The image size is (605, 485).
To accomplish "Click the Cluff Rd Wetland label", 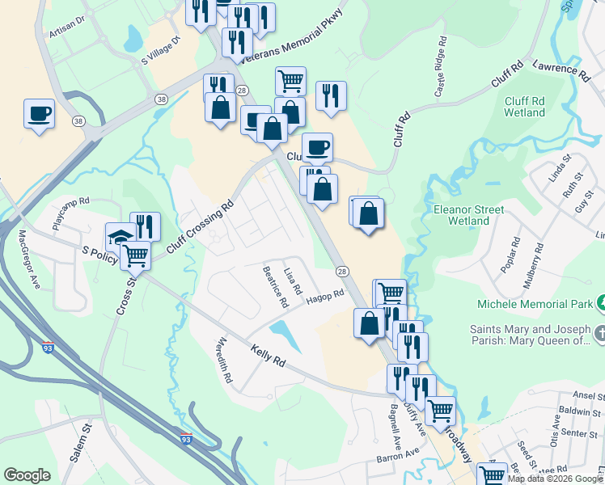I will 524,107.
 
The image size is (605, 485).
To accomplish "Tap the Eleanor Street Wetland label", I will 469,215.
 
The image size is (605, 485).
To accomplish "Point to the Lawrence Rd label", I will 561,69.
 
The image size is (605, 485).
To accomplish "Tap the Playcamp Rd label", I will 70,213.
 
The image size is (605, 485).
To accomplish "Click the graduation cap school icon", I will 120,238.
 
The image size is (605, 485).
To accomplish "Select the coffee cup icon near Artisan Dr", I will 39,113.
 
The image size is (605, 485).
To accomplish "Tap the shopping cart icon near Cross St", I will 135,255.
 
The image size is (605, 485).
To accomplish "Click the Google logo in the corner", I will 27,475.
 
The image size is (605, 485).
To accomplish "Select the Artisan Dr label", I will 66,25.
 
